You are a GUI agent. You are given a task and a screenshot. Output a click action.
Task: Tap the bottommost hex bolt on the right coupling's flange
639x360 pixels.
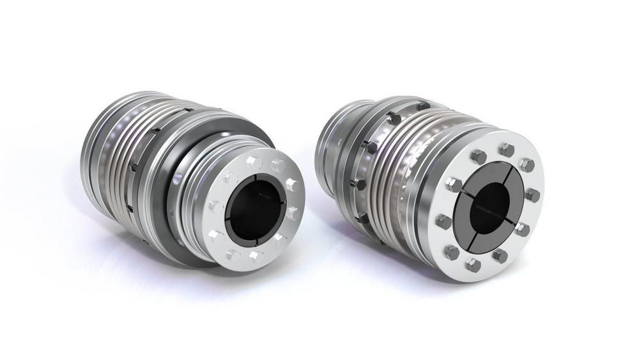click(x=473, y=264)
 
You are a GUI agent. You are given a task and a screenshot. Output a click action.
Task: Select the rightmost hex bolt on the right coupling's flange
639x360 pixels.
click(x=532, y=194)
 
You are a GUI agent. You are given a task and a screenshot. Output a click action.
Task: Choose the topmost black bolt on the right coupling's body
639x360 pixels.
click(x=422, y=104)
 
